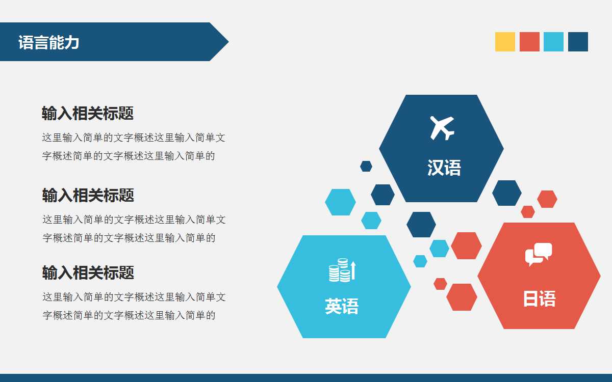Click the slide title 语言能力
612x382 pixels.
click(x=49, y=42)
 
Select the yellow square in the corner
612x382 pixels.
click(x=505, y=42)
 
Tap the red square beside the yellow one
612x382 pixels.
click(x=529, y=42)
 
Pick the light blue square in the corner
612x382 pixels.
click(x=553, y=42)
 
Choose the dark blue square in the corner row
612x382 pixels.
click(x=578, y=42)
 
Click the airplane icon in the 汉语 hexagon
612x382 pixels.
click(x=442, y=127)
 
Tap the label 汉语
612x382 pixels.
click(x=444, y=168)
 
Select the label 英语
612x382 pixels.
click(x=342, y=306)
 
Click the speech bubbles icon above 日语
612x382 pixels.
click(x=539, y=254)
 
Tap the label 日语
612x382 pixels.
click(x=539, y=298)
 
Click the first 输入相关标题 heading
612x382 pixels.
click(x=88, y=113)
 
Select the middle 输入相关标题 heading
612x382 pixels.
click(x=88, y=195)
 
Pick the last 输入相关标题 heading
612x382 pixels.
click(x=88, y=272)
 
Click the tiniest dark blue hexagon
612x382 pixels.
click(x=366, y=166)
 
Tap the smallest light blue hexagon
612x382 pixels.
click(x=420, y=261)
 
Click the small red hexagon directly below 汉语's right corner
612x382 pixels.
click(x=528, y=211)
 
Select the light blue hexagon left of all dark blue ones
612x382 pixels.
click(x=340, y=202)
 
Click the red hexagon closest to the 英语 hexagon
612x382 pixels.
click(x=440, y=284)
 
